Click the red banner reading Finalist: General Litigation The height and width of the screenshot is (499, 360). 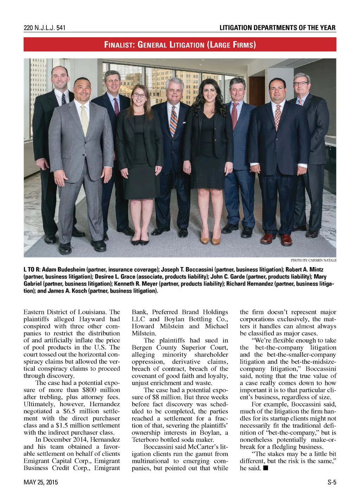(180, 45)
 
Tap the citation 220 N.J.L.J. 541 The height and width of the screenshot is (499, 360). (44, 28)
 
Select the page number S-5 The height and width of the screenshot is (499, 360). (332, 482)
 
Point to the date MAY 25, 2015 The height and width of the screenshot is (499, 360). (41, 482)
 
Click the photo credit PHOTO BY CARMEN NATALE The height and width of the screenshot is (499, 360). (313, 260)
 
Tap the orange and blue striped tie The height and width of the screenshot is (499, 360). (173, 121)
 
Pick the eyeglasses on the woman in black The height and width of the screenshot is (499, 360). (139, 95)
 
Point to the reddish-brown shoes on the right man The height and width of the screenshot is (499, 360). (278, 239)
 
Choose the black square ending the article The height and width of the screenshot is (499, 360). (265, 468)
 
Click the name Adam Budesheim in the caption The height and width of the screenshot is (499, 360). (63, 270)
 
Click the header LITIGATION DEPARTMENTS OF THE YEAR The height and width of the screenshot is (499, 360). (277, 28)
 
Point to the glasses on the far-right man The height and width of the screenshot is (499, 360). (301, 84)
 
